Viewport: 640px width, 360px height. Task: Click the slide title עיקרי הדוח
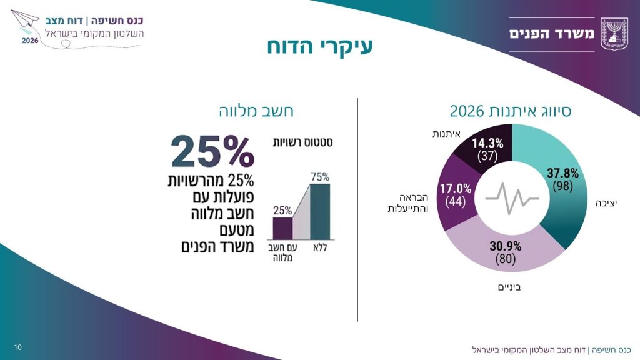[320, 46]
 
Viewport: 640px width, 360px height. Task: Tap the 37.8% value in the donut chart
[562, 174]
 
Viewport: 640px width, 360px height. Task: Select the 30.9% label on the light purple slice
[505, 246]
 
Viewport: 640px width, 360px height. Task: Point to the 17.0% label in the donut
[456, 189]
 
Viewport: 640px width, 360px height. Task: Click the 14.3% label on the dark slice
[487, 143]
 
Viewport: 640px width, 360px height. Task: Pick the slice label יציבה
[606, 203]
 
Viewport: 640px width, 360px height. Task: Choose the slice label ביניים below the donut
[509, 287]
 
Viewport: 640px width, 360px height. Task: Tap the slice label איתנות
[446, 134]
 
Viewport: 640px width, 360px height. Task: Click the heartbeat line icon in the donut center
[512, 198]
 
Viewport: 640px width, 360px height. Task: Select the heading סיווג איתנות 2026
[510, 111]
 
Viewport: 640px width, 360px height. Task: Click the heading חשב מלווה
[256, 111]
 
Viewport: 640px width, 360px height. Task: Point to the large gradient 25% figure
[212, 151]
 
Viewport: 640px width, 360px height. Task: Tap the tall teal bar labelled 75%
[320, 212]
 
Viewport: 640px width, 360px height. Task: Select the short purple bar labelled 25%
[282, 229]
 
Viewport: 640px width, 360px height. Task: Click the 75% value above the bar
[320, 177]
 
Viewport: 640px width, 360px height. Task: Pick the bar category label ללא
[320, 247]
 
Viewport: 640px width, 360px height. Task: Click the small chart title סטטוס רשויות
[302, 142]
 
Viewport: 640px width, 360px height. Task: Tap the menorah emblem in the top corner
[615, 34]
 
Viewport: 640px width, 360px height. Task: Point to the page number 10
[18, 347]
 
